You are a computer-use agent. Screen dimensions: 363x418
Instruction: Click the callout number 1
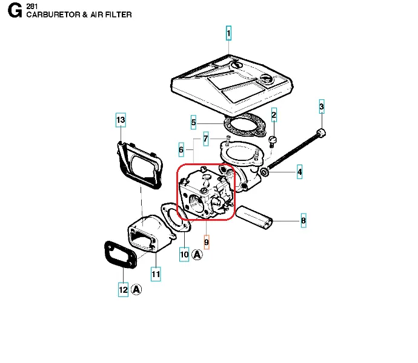pyautogui.click(x=228, y=33)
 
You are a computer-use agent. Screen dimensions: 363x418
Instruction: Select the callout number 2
pyautogui.click(x=274, y=115)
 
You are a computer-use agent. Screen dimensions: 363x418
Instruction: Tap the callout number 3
pyautogui.click(x=322, y=108)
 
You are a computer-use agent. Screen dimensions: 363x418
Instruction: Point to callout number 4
pyautogui.click(x=299, y=173)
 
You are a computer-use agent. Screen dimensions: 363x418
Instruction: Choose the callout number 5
pyautogui.click(x=193, y=123)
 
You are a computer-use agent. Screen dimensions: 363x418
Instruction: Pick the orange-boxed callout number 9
pyautogui.click(x=207, y=243)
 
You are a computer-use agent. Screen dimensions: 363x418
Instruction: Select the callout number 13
pyautogui.click(x=121, y=120)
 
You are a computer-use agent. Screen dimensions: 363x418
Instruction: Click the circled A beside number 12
pyautogui.click(x=136, y=290)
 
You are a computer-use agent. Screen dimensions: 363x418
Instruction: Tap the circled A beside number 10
pyautogui.click(x=197, y=255)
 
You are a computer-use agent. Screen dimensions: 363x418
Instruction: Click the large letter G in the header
pyautogui.click(x=15, y=11)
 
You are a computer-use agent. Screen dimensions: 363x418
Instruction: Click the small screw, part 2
pyautogui.click(x=272, y=141)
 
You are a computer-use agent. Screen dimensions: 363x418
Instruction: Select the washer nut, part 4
pyautogui.click(x=265, y=173)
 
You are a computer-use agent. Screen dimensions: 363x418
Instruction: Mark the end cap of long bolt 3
pyautogui.click(x=321, y=133)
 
